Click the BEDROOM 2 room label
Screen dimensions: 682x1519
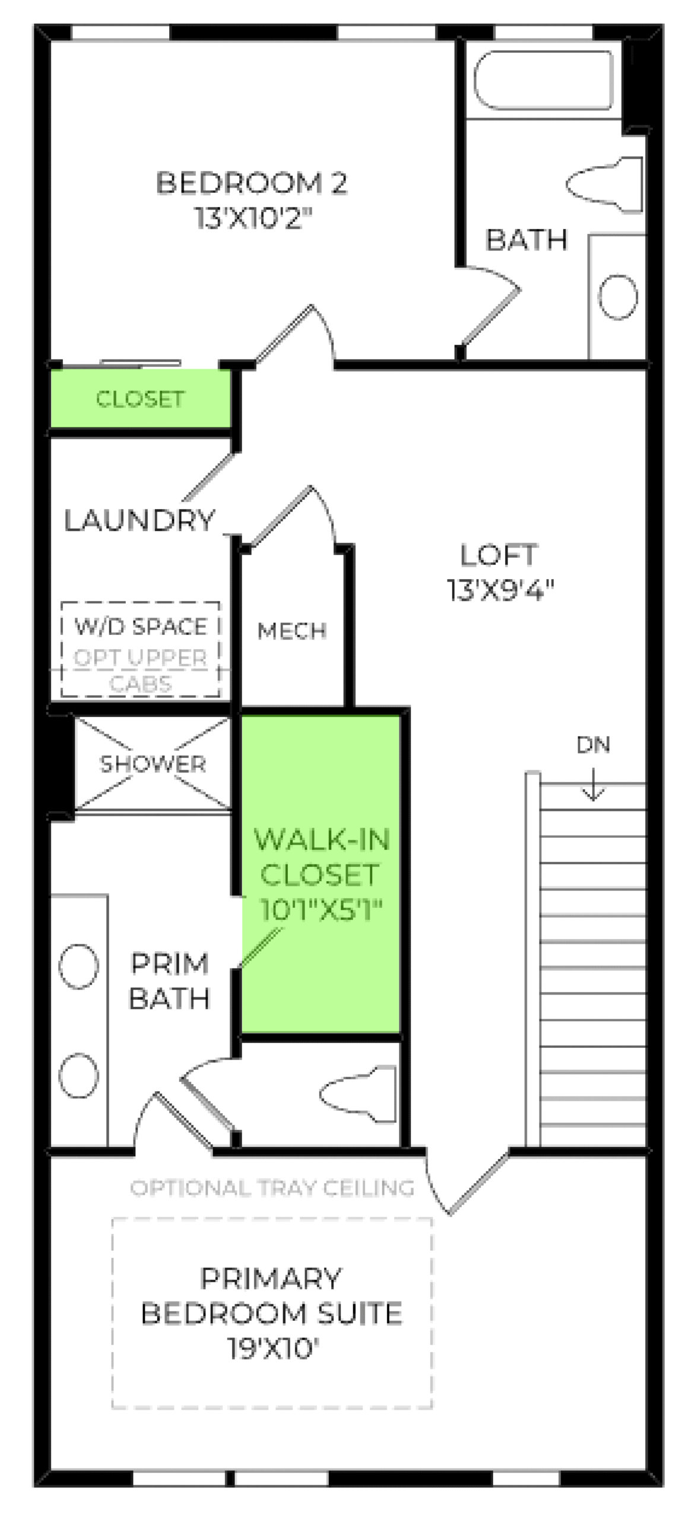(x=250, y=183)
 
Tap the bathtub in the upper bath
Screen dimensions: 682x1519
(x=543, y=80)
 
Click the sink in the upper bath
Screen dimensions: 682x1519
(x=617, y=296)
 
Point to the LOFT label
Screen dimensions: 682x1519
(x=498, y=555)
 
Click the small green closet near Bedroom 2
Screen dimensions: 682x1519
(x=140, y=398)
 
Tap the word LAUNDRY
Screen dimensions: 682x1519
(x=139, y=520)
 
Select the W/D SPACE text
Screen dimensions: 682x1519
(x=141, y=626)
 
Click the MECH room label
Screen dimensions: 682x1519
(x=291, y=630)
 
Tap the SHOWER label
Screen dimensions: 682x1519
(x=153, y=764)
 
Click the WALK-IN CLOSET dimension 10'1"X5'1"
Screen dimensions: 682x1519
(x=321, y=909)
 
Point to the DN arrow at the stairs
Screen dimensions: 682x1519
(x=592, y=783)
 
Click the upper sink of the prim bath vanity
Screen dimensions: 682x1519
(x=78, y=966)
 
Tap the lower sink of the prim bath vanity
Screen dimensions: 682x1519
(x=78, y=1075)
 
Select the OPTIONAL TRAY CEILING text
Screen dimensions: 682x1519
(x=272, y=1187)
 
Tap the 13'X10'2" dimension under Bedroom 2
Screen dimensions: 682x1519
(x=253, y=218)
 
